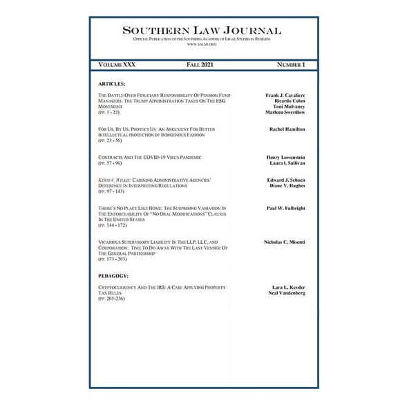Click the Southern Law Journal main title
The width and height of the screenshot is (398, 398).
coord(202,30)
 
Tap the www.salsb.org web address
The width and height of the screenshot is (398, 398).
coord(202,44)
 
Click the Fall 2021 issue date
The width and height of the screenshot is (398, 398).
coord(200,64)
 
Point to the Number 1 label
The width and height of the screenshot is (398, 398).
coord(290,64)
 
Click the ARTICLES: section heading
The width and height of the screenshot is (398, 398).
coord(112,83)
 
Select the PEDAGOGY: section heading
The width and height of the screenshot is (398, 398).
coord(113,276)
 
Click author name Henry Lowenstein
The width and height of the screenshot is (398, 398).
coord(286,158)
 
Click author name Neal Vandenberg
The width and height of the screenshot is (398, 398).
coord(286,292)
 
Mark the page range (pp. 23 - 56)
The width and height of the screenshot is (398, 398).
coord(111,140)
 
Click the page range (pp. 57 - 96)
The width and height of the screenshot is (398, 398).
coord(111,163)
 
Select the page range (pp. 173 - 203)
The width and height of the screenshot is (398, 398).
coord(113,259)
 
